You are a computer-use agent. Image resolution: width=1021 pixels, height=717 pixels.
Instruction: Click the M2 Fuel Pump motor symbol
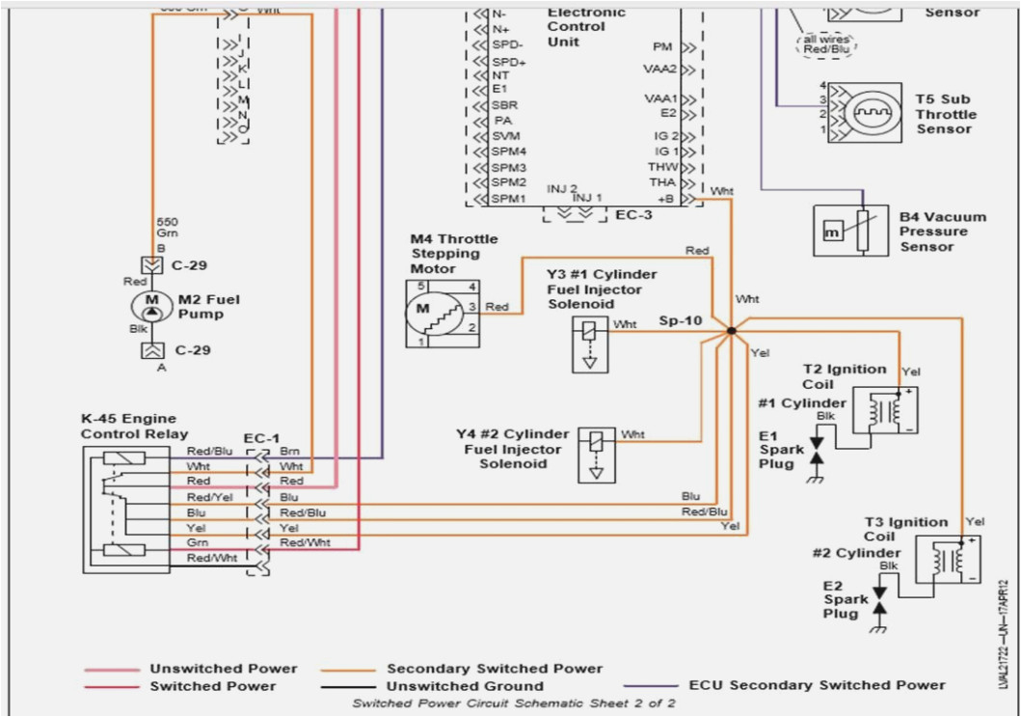[150, 307]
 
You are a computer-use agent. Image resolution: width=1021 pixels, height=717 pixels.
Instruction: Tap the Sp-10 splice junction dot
[731, 331]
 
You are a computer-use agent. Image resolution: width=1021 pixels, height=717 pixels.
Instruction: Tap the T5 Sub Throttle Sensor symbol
[864, 114]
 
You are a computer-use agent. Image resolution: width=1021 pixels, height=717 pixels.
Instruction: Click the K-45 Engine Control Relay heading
[134, 427]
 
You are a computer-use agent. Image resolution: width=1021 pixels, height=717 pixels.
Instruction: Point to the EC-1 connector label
[261, 437]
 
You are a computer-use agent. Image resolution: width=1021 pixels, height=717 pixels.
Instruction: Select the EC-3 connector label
[633, 214]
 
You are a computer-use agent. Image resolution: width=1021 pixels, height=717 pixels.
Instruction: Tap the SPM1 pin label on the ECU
[508, 199]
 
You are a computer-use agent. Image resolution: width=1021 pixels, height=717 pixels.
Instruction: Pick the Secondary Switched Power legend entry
[494, 668]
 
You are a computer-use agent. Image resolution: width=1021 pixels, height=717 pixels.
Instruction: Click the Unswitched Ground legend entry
[466, 686]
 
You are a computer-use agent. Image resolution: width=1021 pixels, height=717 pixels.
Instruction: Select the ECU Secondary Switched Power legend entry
[817, 685]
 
